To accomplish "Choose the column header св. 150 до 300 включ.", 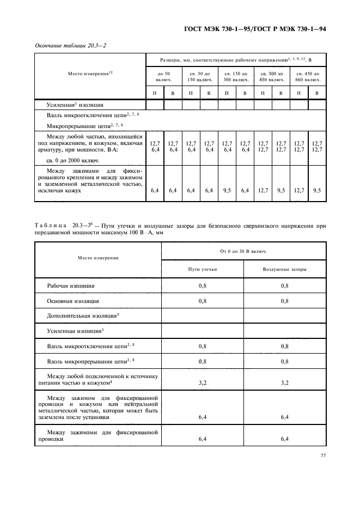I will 236,76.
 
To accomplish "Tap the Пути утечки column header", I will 203,269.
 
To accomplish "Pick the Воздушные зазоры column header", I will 284,269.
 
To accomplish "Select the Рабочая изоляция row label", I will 71,285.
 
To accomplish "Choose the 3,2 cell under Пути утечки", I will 203,383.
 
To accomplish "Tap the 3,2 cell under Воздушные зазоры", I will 284,383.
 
